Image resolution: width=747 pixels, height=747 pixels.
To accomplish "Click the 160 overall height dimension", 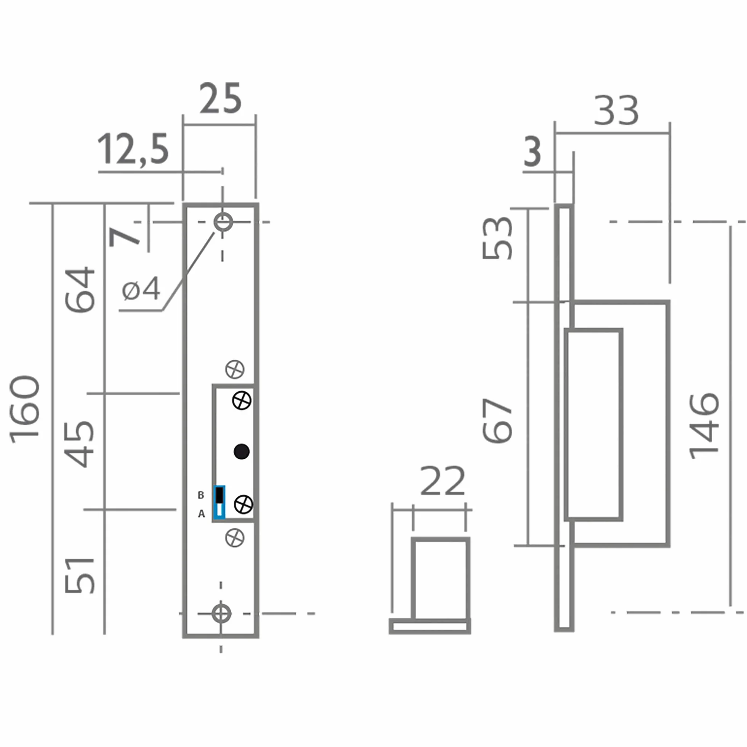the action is (x=25, y=409).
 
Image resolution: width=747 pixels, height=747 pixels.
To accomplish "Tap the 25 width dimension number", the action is (x=221, y=98).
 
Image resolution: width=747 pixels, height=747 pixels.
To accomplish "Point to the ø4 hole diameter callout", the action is (x=141, y=289).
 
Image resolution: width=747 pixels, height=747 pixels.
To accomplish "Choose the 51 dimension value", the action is (x=80, y=575).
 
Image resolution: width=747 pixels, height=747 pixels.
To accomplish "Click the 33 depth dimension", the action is (x=616, y=111).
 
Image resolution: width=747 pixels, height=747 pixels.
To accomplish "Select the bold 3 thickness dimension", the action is (x=532, y=152).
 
